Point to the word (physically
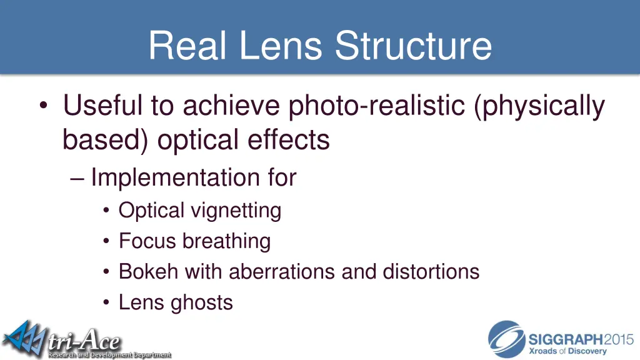point(539,107)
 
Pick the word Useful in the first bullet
point(100,107)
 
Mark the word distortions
point(431,272)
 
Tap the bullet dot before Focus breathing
point(107,242)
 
